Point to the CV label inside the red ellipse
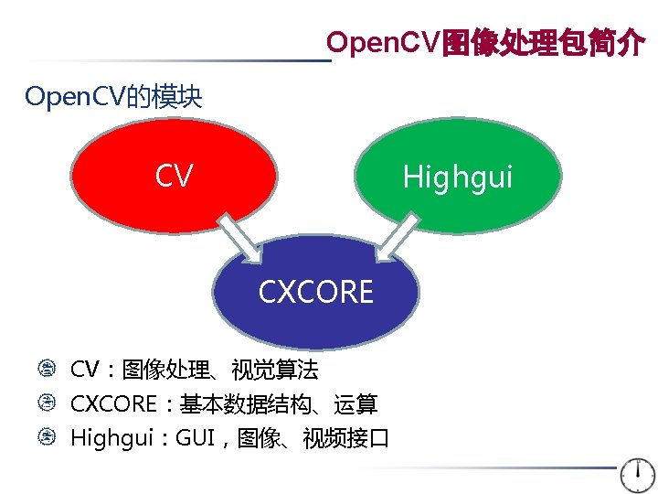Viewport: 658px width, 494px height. point(174,176)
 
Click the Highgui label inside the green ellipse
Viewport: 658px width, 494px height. point(458,177)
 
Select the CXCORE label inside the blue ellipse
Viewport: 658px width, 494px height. point(315,293)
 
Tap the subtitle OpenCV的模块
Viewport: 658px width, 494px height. point(113,96)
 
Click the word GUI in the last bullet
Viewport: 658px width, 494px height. point(195,438)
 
